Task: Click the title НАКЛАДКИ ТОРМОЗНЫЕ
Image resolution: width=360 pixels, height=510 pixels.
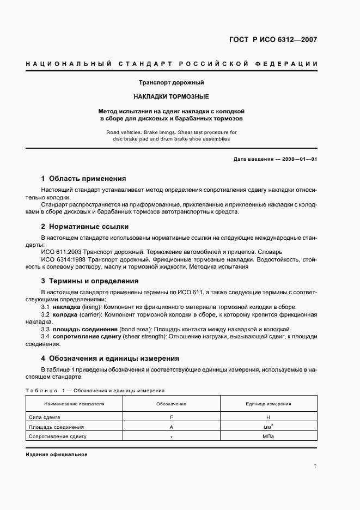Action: click(172, 96)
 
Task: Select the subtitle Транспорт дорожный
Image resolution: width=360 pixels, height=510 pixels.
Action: click(172, 83)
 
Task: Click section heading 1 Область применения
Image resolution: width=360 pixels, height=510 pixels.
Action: click(84, 178)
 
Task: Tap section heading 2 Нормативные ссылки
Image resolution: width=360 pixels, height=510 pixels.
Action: click(85, 226)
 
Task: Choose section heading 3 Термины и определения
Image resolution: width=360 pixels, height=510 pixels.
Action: click(90, 281)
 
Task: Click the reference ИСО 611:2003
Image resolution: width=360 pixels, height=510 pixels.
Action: click(60, 252)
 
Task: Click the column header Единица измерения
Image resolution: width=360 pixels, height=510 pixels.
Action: click(269, 404)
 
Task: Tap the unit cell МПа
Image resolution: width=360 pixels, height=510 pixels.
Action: click(269, 436)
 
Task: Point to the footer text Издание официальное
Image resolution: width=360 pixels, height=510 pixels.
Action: click(57, 454)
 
